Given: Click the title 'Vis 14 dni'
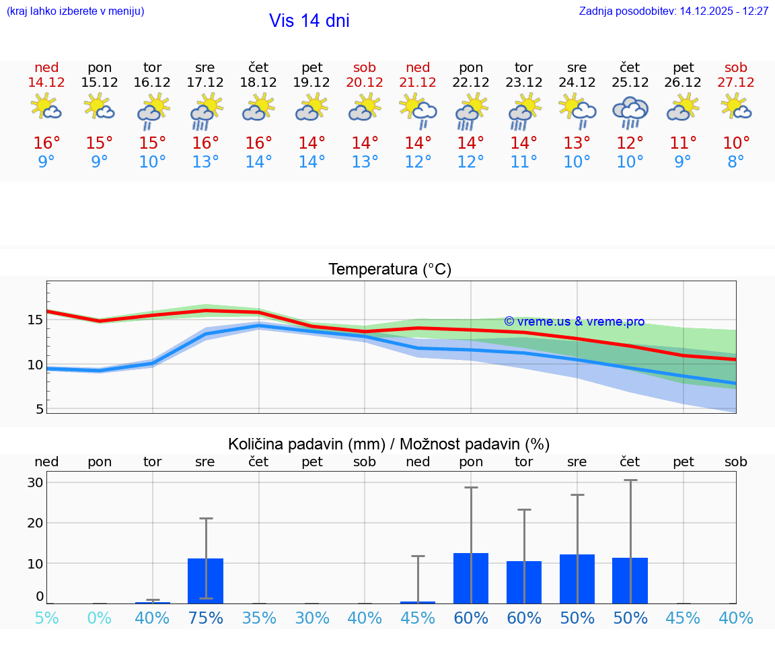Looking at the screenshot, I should pos(309,21).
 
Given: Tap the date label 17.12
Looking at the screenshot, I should pos(205,83).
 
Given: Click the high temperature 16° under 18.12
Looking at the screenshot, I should pos(258,143).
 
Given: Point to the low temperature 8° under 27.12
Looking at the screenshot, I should pos(736,162).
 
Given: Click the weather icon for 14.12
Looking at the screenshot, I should pos(46,108).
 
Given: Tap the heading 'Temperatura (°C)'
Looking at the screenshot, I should pos(390,270).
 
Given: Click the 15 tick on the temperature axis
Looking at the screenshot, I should pos(35,320).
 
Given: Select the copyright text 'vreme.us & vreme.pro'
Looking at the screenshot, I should pos(574,322).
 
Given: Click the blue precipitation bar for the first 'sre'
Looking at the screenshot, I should pos(205,581).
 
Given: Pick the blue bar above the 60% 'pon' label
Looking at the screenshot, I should pos(471,578).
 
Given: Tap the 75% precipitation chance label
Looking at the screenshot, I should pos(205,618).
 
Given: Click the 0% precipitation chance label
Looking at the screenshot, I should pos(99,618).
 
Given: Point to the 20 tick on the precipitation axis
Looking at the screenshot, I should pos(35,523).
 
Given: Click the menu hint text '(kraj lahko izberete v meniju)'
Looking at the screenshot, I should pos(75,11).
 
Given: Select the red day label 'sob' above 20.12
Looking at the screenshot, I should pos(365,67).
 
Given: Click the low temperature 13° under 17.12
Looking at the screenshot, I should pos(205,162).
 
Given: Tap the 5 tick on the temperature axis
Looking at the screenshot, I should pos(39,409).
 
